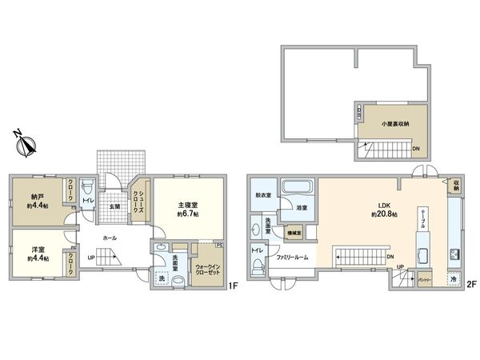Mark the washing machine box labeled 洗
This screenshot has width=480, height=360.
(162, 278)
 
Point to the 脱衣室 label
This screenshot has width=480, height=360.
(262, 194)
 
